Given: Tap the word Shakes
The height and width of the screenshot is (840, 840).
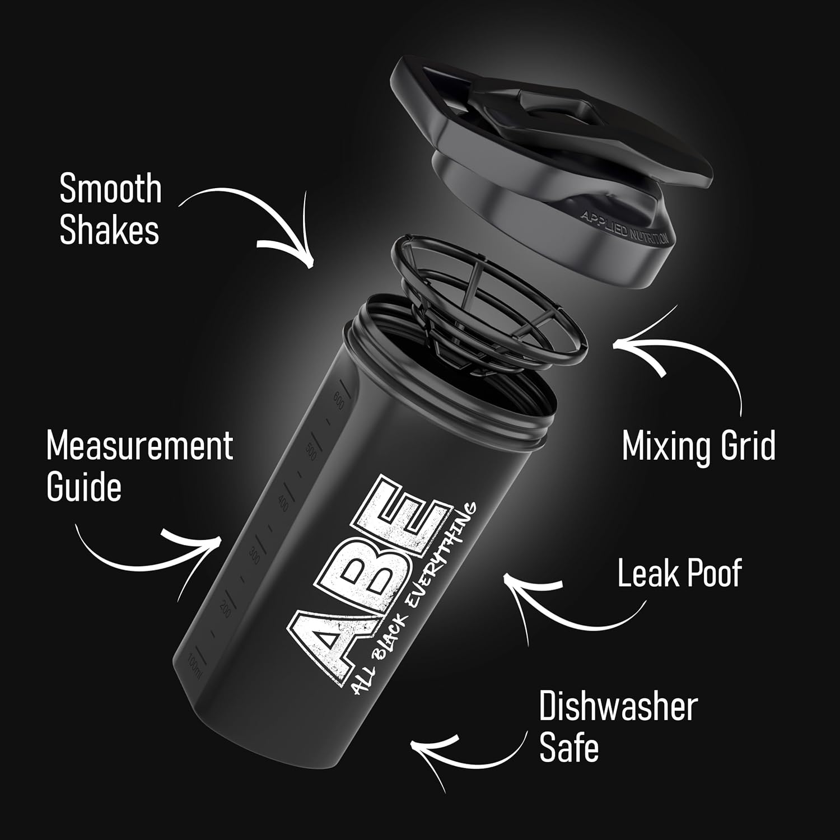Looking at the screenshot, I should tap(109, 230).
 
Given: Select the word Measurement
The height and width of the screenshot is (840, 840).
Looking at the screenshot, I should tap(139, 446).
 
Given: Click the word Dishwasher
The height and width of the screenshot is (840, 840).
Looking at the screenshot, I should tap(618, 707).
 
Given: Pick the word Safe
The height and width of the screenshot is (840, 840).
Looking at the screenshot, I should tap(569, 748).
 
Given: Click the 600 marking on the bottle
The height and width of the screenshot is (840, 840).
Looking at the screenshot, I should tap(338, 399).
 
